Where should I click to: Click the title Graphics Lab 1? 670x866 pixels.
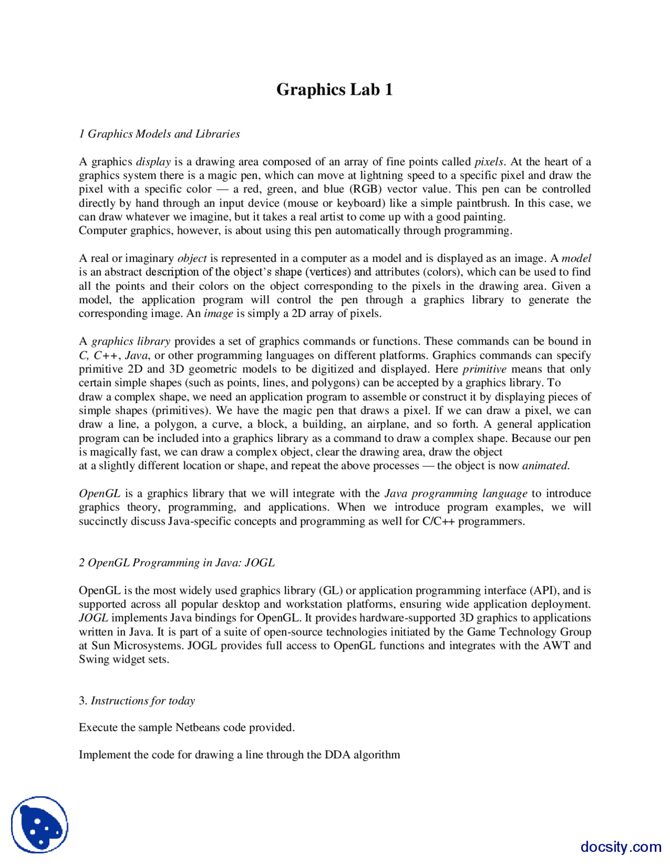pos(334,89)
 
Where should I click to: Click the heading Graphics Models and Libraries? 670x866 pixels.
pos(160,134)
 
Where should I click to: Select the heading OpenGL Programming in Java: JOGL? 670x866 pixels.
pos(177,563)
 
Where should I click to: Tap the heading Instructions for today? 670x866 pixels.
pos(143,701)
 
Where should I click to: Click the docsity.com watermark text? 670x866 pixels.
pos(621,847)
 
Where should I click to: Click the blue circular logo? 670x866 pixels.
pos(40,825)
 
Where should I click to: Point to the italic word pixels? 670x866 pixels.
pos(489,162)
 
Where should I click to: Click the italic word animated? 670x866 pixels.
pos(545,466)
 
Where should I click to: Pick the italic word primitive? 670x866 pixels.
pos(485,369)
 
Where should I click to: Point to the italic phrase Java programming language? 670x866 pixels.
pos(456,494)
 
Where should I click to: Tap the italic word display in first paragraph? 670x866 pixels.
pos(153,162)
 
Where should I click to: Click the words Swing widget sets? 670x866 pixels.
pos(124,659)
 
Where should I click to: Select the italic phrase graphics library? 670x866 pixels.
pos(131,341)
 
